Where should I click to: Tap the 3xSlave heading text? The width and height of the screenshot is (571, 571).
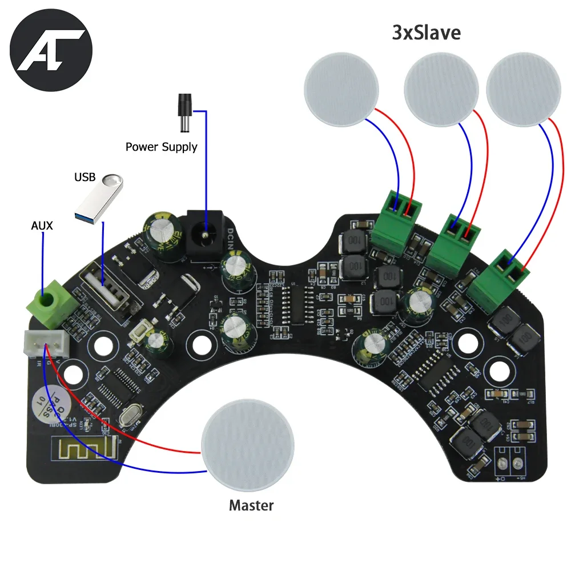426,33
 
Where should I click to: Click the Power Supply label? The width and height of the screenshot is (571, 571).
162,147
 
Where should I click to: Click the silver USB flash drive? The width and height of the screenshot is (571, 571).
100,198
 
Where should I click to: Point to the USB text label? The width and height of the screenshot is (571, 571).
85,177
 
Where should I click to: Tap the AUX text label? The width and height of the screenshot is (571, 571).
42,226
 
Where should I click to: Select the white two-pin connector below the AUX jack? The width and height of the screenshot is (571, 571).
46,342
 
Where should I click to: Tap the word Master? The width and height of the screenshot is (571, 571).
251,505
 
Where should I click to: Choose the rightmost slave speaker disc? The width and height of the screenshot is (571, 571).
521,91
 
